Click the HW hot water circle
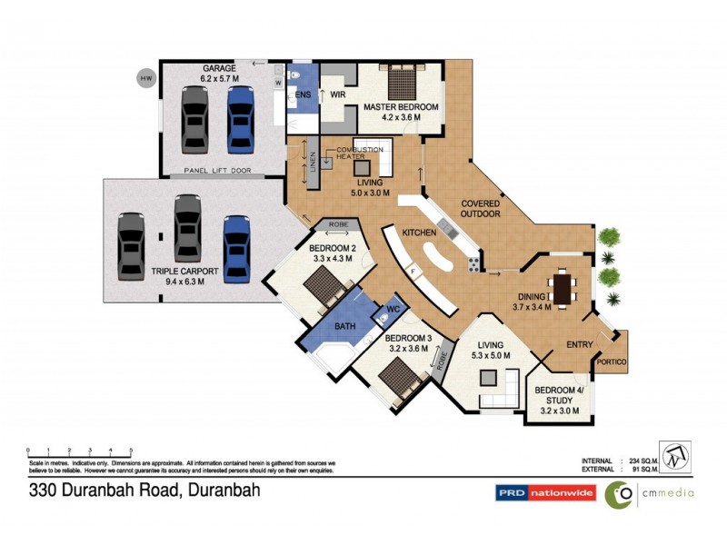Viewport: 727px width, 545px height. pos(145,79)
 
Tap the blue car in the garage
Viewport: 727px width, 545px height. pos(239,116)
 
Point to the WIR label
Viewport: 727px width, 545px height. pos(336,94)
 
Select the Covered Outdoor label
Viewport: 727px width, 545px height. pos(481,209)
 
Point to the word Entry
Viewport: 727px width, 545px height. pos(580,344)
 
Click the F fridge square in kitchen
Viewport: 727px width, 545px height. pos(412,270)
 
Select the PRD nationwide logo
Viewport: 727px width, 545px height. pos(544,493)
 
